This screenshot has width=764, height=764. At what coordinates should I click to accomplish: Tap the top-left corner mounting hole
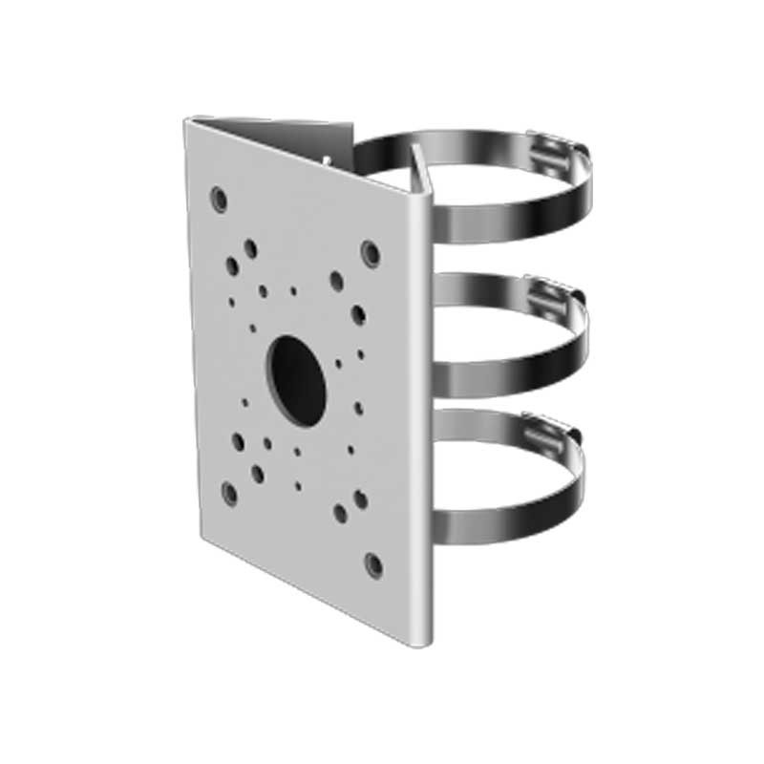click(220, 200)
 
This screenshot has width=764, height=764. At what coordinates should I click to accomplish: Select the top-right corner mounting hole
click(371, 253)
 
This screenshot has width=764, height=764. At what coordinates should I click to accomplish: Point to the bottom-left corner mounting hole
click(229, 493)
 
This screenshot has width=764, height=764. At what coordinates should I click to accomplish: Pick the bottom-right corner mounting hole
click(374, 564)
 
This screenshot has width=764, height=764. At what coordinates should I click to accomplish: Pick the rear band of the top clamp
click(449, 141)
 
